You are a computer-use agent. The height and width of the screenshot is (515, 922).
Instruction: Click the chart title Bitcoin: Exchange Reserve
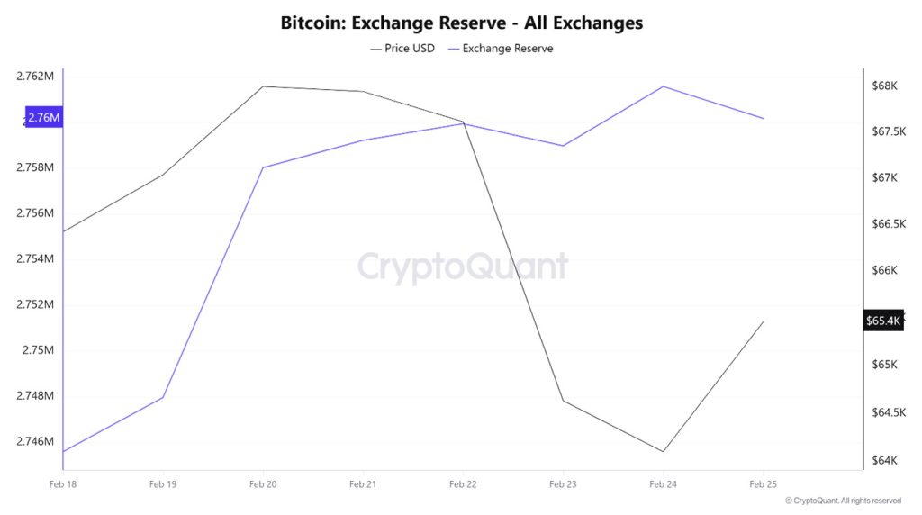(x=461, y=23)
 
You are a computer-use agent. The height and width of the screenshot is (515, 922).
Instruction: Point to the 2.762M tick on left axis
(x=35, y=77)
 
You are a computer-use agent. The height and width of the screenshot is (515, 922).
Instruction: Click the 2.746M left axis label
(x=35, y=441)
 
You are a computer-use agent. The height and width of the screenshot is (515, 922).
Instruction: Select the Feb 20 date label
(x=263, y=484)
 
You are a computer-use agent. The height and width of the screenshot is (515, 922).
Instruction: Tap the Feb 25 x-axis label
(x=763, y=484)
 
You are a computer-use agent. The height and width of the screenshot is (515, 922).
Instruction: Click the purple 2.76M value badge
(x=43, y=117)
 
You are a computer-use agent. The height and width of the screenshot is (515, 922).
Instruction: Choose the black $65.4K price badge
(x=882, y=321)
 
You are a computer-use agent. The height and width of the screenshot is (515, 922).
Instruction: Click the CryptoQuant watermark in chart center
(x=463, y=267)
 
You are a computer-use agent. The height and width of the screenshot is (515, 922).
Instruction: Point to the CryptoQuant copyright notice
(x=843, y=501)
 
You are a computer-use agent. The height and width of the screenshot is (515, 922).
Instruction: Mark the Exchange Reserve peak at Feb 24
(x=664, y=86)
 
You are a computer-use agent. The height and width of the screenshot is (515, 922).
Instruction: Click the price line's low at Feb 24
(x=664, y=451)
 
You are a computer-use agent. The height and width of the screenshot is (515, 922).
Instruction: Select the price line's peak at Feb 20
(x=263, y=86)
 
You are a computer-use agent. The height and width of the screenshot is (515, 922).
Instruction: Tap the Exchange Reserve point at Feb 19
(x=163, y=397)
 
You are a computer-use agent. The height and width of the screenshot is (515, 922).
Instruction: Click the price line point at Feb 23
(x=563, y=401)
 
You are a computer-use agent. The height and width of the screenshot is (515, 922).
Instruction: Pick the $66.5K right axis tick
(x=884, y=223)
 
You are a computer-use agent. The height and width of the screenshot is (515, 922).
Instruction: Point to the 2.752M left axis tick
(x=35, y=304)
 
